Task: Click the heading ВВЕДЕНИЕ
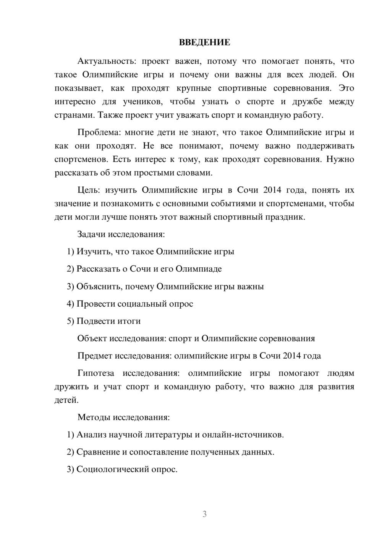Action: pos(204,42)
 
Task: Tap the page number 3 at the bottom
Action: pos(204,514)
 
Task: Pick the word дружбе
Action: pos(308,102)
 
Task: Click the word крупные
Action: pos(194,88)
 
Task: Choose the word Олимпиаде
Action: pos(199,269)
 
